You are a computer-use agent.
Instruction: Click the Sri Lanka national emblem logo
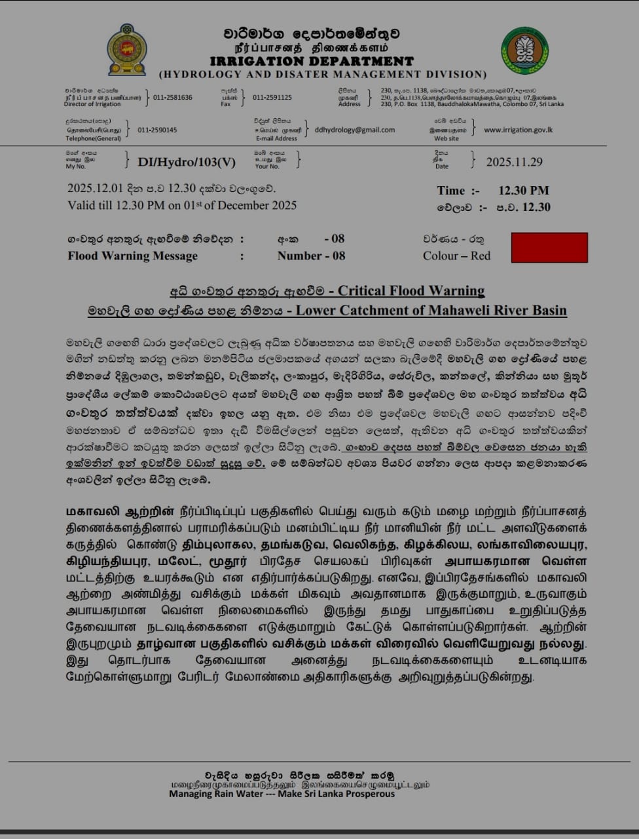click(x=127, y=50)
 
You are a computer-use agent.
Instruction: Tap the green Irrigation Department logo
click(x=524, y=50)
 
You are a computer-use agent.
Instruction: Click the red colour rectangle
click(x=549, y=247)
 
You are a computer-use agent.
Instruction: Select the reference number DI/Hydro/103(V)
click(x=187, y=162)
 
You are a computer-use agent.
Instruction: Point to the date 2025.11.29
click(x=514, y=162)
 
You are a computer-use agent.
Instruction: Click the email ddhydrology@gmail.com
click(x=354, y=130)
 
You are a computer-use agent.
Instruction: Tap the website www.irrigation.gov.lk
click(x=518, y=130)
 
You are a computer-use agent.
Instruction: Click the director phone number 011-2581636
click(x=173, y=98)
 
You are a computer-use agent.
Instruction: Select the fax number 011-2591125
click(x=272, y=98)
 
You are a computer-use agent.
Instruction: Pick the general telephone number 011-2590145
click(x=157, y=130)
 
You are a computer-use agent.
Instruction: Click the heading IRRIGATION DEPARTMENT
click(x=321, y=62)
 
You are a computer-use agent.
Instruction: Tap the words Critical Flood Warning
click(x=411, y=290)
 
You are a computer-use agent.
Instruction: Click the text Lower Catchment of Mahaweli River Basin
click(x=431, y=310)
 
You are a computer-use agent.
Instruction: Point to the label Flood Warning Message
click(x=132, y=256)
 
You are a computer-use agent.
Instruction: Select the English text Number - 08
click(x=311, y=256)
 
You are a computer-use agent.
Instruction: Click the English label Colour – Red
click(x=456, y=256)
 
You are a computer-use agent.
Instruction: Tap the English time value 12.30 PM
click(x=523, y=191)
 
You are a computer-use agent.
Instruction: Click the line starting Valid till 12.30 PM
click(x=182, y=205)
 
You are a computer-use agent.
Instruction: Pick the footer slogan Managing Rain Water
click(x=282, y=794)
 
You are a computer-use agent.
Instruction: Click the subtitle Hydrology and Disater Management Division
click(x=323, y=75)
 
